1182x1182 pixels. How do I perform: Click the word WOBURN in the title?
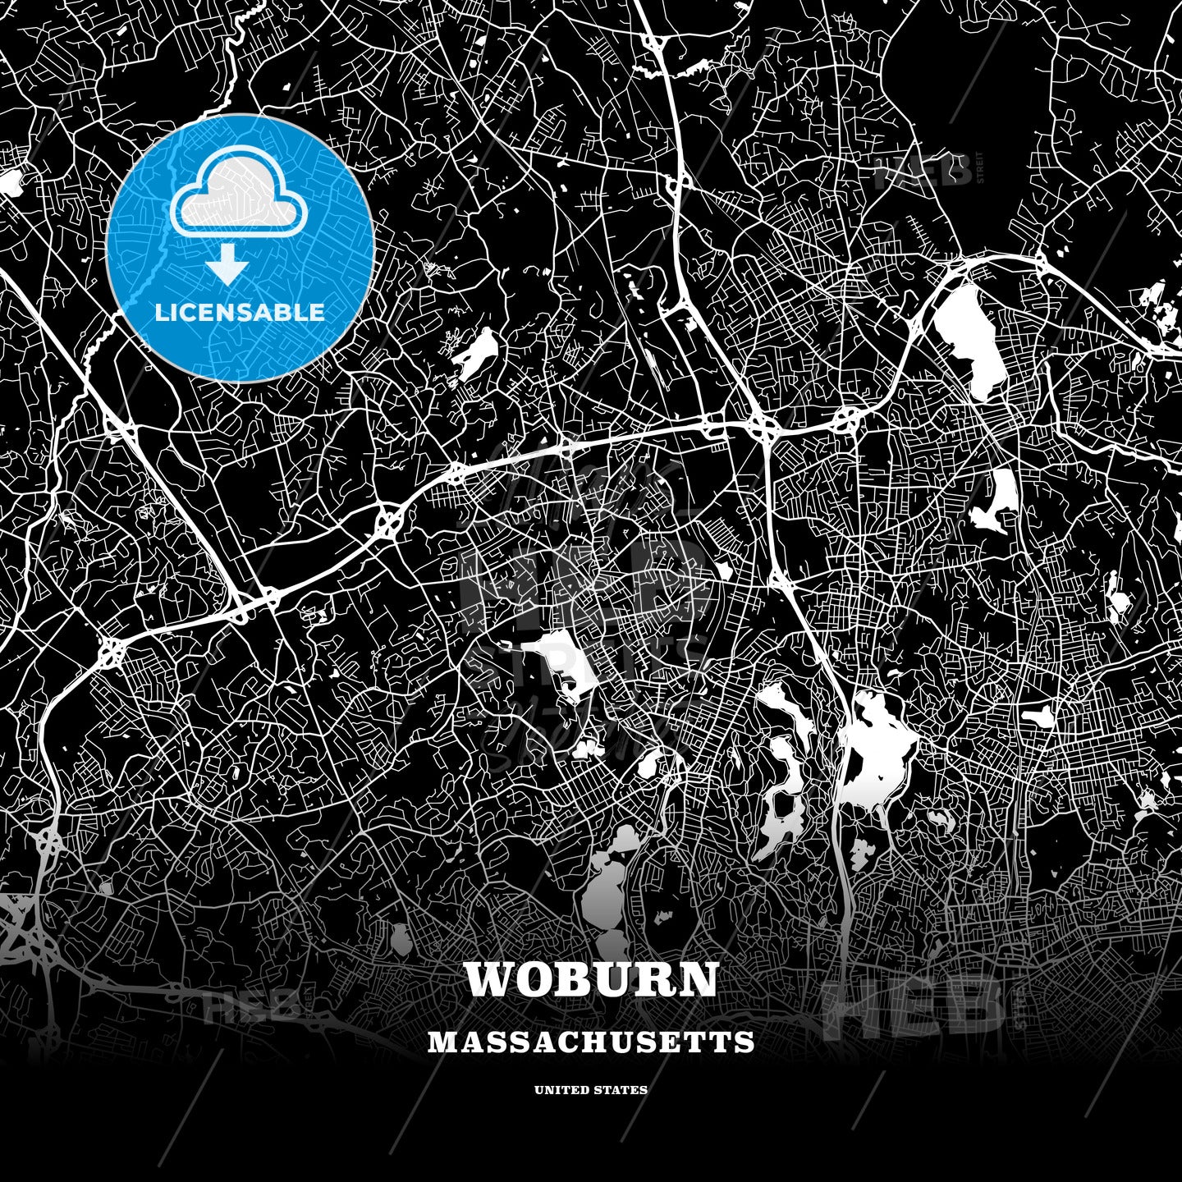tap(591, 979)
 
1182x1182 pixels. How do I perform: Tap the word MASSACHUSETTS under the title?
tap(591, 1042)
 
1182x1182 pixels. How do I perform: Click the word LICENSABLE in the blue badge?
tap(240, 313)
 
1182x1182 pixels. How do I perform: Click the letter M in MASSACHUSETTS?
tap(440, 1042)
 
